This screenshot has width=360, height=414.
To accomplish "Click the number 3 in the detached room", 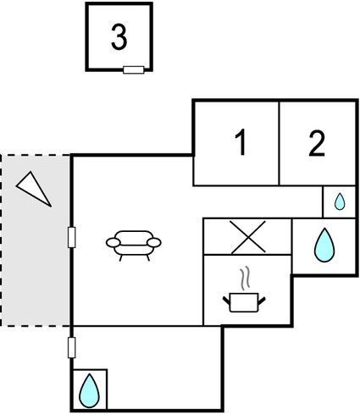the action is coord(119,37).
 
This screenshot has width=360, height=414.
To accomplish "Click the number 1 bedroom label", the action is coord(241,142).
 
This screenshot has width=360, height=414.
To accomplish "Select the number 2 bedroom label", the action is coord(317,143).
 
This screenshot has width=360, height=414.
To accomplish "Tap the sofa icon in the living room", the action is coord(134,246).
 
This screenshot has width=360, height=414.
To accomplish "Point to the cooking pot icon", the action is coord(244,302).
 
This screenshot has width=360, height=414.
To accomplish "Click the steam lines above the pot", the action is coord(245,278).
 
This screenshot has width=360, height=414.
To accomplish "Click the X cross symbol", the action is coord(247,237).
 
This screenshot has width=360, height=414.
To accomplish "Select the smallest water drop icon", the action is coord(340,201).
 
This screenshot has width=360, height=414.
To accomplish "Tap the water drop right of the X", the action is coord(324,245).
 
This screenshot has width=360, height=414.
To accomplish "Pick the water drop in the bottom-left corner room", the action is coord(90,390).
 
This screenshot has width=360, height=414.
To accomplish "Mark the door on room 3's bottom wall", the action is coord(134,69).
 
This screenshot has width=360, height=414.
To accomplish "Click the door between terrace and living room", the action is coord(72,237).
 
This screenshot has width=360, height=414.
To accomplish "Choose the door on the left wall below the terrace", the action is coord(72,347).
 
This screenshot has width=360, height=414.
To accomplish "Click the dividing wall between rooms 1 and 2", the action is coord(279,143).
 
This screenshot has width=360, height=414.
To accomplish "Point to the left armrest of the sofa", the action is coord(113,242).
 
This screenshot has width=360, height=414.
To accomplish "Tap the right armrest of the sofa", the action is coord(154,242).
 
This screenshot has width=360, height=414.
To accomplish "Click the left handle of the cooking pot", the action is coord(226,301).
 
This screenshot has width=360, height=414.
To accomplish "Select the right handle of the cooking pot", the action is coord(262,301).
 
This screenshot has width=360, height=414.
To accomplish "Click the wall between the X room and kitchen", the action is coord(247,255).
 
